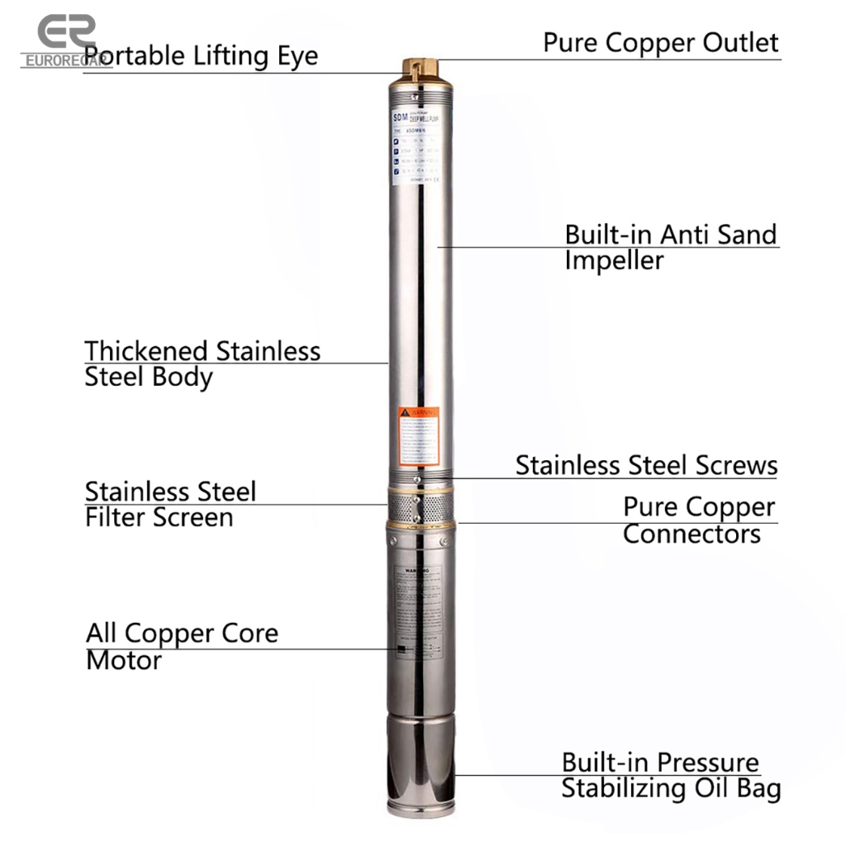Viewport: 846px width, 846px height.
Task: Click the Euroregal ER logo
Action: (x=66, y=40)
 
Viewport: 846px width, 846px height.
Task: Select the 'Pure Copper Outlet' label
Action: (x=660, y=43)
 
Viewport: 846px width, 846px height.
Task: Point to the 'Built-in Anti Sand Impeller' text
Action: (x=670, y=247)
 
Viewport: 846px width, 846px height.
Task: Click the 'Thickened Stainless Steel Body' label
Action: (x=202, y=364)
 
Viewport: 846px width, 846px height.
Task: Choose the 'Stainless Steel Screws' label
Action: (x=646, y=464)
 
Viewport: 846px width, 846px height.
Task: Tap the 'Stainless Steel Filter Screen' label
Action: (x=170, y=504)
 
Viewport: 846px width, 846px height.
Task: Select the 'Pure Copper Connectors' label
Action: (x=698, y=520)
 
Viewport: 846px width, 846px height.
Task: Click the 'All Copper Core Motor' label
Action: (x=182, y=646)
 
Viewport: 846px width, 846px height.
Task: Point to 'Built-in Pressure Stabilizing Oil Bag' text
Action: (x=670, y=775)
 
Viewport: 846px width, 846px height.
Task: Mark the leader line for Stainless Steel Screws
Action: (x=611, y=478)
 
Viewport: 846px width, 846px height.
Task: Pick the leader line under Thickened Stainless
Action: (x=235, y=363)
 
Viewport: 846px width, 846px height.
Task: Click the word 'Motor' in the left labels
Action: (x=124, y=661)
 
